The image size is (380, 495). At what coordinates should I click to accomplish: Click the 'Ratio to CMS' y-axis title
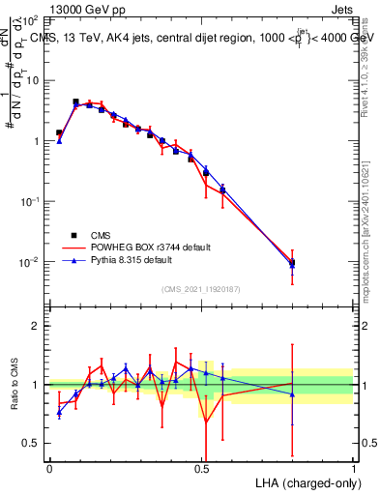point(14,385)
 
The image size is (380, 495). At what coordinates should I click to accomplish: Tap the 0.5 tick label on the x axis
point(201,467)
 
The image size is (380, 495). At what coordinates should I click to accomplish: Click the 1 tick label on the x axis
point(354,467)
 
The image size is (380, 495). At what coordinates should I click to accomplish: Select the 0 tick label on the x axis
point(49,467)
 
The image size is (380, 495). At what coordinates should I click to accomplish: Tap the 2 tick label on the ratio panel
point(36,326)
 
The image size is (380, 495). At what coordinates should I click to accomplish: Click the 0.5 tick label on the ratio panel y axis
point(31,444)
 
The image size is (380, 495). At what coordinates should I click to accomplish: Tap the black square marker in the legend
point(73,235)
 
